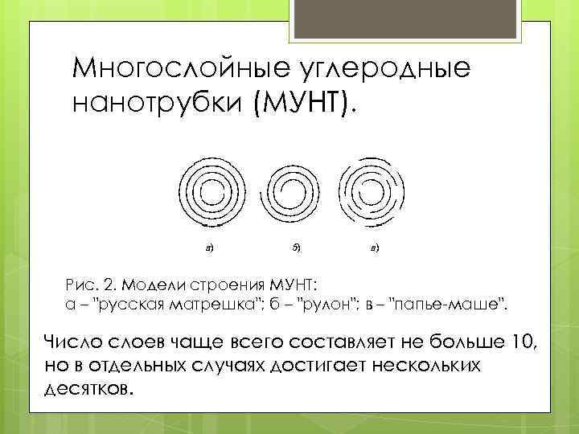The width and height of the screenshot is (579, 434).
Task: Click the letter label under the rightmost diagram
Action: pyautogui.click(x=375, y=247)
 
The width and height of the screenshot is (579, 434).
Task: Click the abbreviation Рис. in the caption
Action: pyautogui.click(x=80, y=285)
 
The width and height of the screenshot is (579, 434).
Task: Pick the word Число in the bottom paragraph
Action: pyautogui.click(x=72, y=344)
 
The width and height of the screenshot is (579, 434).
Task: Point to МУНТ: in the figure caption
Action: pyautogui.click(x=289, y=285)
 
